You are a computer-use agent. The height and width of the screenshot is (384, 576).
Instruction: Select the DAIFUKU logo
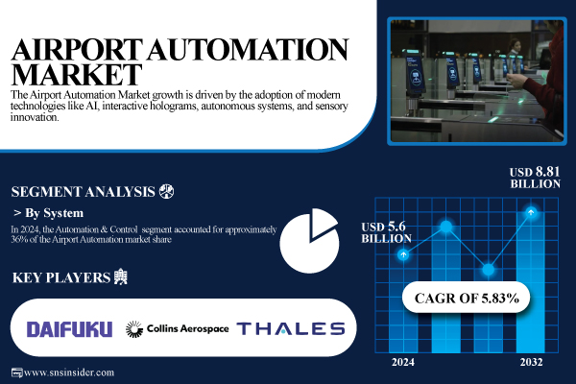[69, 328]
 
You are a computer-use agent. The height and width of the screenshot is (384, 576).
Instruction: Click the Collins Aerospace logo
[178, 328]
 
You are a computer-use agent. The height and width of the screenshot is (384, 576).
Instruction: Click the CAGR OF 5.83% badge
[467, 299]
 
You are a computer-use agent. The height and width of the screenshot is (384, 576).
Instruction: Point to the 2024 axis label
[404, 362]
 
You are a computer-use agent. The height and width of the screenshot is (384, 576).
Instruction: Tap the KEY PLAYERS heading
[60, 278]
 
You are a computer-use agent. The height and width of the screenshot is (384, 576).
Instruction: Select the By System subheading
[53, 212]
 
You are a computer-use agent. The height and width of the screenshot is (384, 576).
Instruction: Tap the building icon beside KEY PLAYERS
[119, 278]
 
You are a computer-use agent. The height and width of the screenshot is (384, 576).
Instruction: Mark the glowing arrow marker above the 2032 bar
[530, 210]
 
